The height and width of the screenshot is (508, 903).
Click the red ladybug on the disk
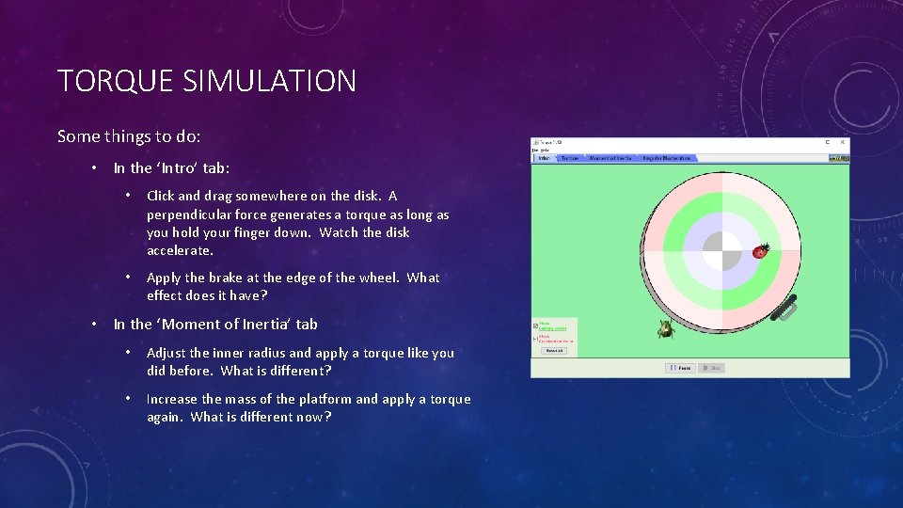pyautogui.click(x=760, y=251)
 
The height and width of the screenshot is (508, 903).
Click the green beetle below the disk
pyautogui.click(x=665, y=327)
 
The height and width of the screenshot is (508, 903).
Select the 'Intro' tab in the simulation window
pyautogui.click(x=544, y=158)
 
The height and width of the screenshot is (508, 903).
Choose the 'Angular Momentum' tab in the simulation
pyautogui.click(x=667, y=158)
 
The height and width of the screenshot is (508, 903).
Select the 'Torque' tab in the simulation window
pyautogui.click(x=570, y=158)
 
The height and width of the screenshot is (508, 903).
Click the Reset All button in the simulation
pyautogui.click(x=554, y=350)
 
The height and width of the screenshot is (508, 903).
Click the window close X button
pyautogui.click(x=842, y=143)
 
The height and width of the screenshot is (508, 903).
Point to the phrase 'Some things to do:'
pyautogui.click(x=129, y=136)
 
